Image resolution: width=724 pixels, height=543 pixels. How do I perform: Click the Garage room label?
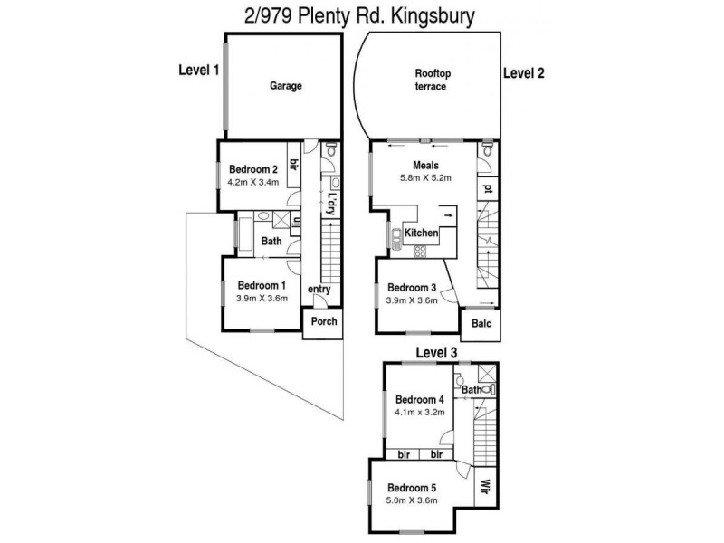click(x=285, y=87)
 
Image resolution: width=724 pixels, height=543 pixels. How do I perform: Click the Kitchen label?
click(x=421, y=233)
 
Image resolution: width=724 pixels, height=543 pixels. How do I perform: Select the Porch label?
click(x=323, y=323)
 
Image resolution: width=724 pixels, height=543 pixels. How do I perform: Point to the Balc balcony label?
click(x=479, y=322)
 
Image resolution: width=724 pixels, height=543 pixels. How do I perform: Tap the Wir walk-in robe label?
click(x=485, y=485)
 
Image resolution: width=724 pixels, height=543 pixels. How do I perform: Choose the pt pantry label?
click(x=487, y=189)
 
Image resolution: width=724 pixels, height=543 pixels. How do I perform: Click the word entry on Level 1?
click(x=319, y=290)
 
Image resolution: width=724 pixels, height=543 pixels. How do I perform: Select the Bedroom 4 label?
click(x=420, y=400)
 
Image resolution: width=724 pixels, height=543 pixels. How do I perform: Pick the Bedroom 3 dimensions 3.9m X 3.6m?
click(x=412, y=301)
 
